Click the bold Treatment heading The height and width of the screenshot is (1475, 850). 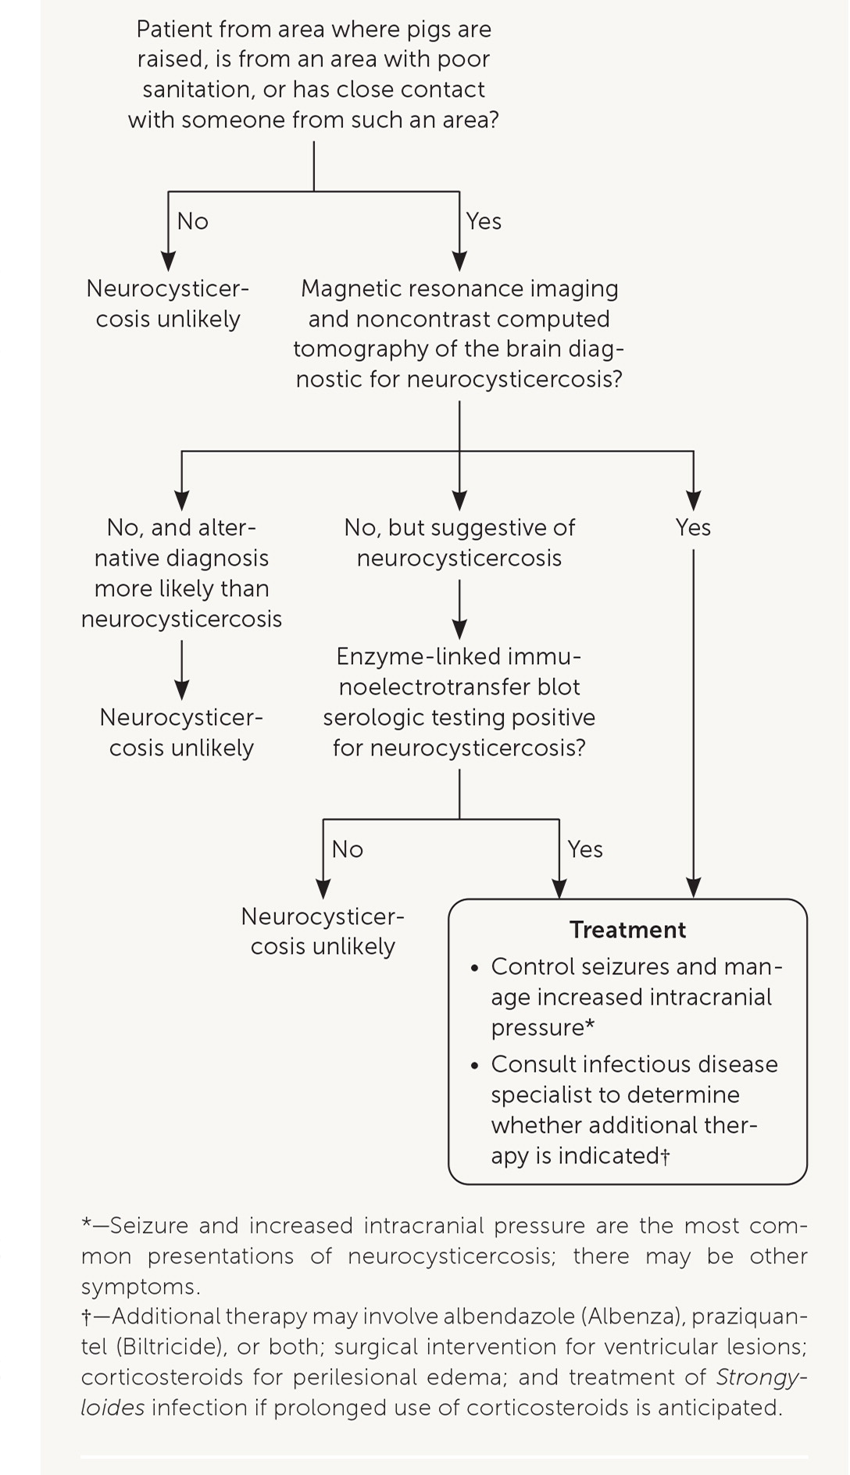click(x=627, y=930)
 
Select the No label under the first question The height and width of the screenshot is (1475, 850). click(x=193, y=222)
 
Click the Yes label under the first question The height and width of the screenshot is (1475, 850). click(x=484, y=222)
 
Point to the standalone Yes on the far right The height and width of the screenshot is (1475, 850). click(x=693, y=528)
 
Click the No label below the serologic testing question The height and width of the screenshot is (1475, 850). click(x=348, y=849)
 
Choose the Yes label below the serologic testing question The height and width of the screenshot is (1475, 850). click(x=585, y=849)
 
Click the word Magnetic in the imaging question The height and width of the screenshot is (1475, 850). click(x=345, y=289)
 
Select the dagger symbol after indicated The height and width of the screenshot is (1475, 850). click(x=665, y=1157)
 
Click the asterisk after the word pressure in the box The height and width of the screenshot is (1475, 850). click(x=590, y=1026)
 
